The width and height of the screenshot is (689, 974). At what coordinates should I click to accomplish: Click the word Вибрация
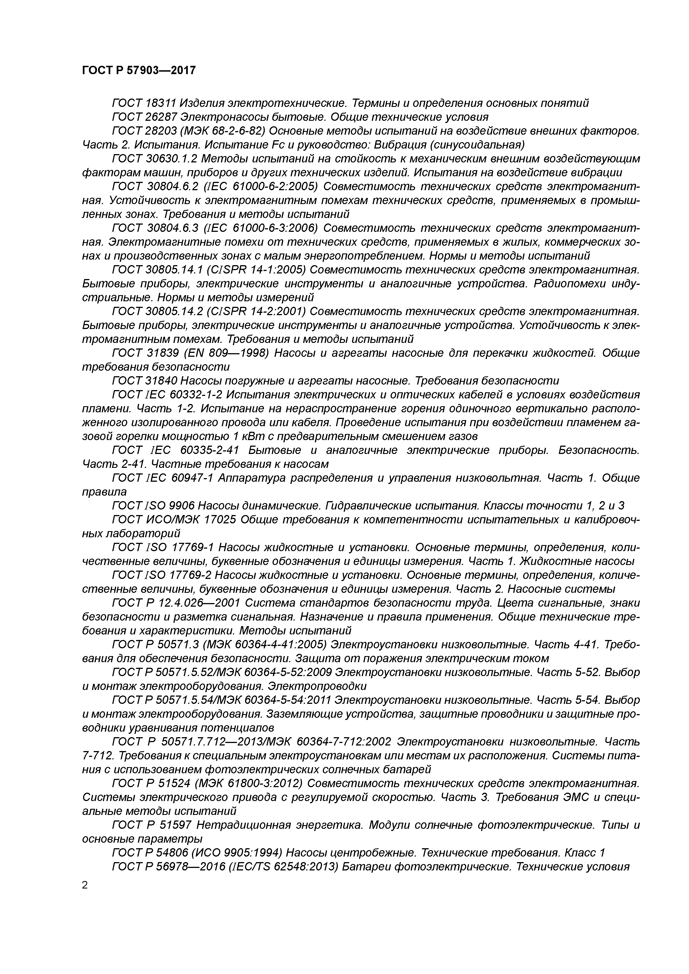[403, 145]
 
